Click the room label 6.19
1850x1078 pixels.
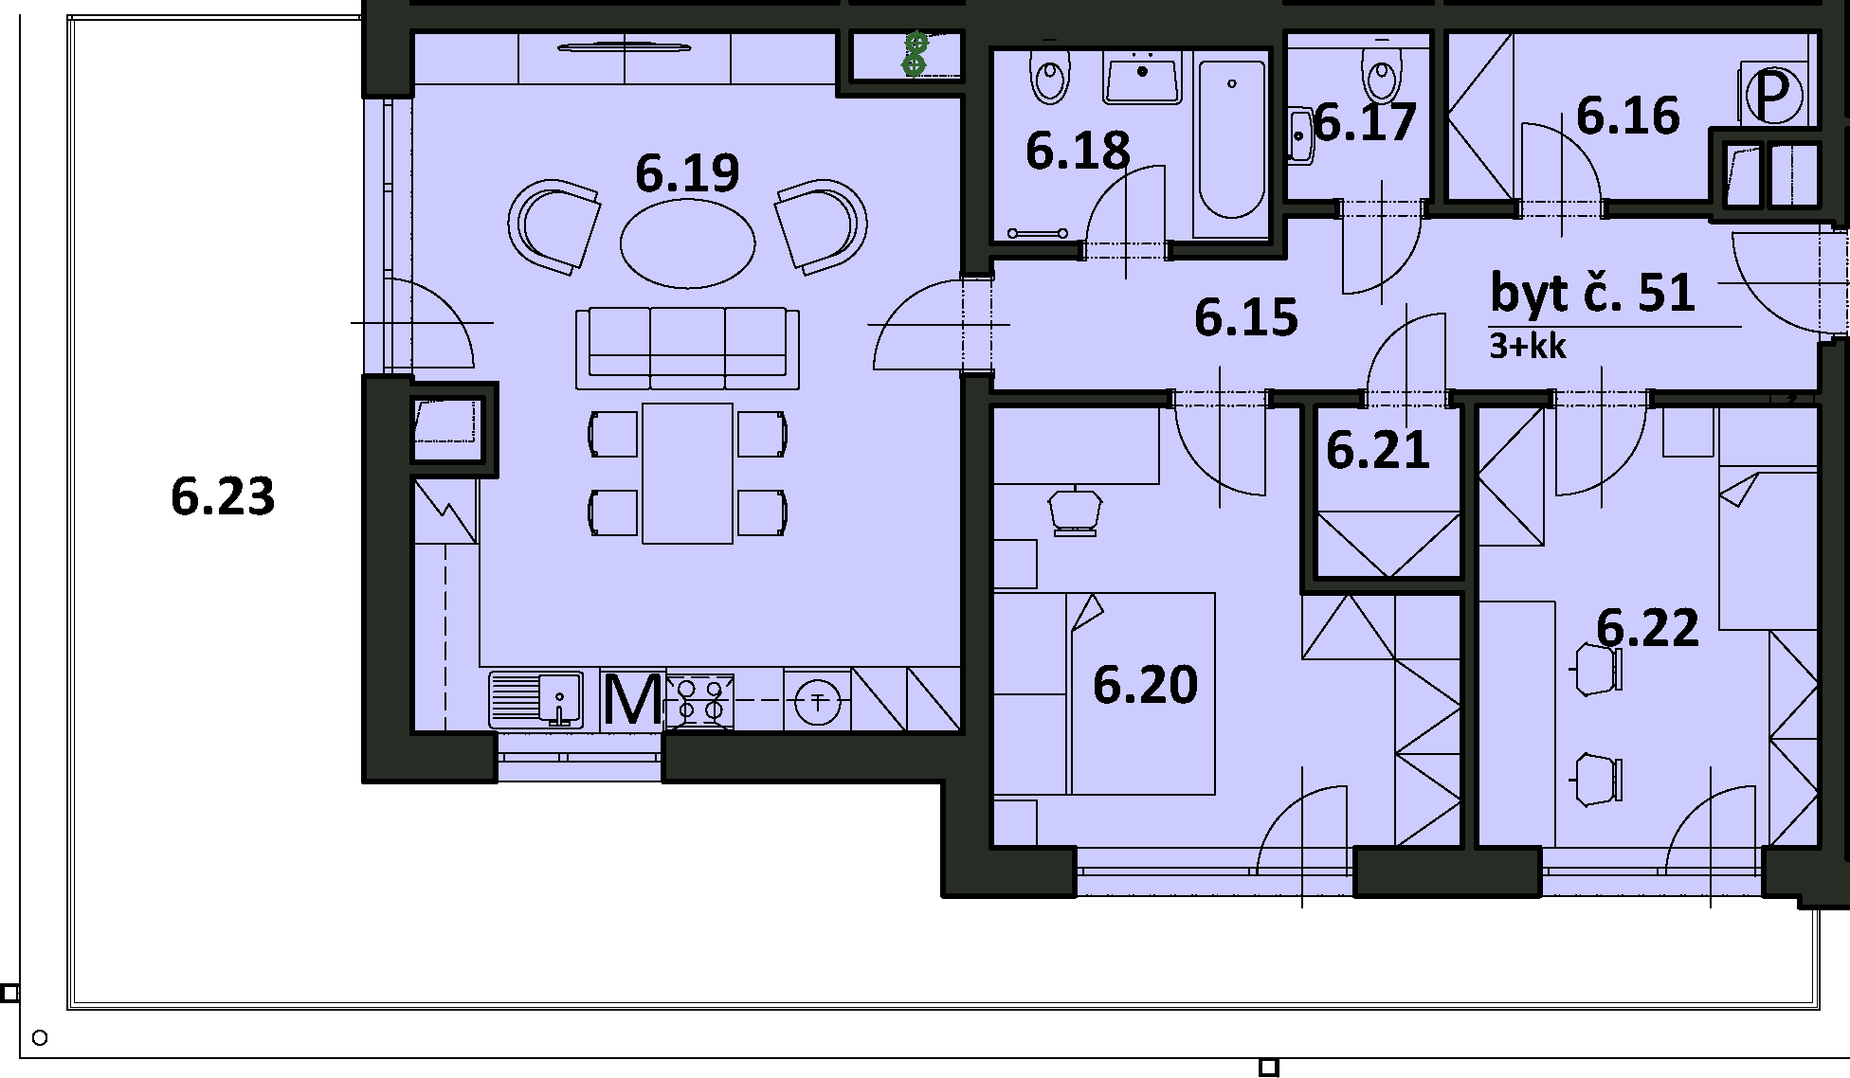[687, 173]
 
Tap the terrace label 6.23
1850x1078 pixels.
[223, 496]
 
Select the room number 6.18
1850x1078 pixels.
[1078, 152]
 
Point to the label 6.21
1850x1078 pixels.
[1377, 450]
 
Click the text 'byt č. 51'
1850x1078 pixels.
[1592, 293]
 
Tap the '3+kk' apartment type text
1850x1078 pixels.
[1528, 346]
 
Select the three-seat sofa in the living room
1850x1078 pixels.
[687, 348]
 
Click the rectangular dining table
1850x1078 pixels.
[687, 474]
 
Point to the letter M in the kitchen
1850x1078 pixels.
[632, 700]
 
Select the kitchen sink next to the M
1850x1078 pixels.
[535, 699]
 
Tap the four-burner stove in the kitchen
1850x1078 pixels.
[700, 701]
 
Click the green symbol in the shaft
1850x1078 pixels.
[915, 54]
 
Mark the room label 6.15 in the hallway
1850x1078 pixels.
[1246, 317]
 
